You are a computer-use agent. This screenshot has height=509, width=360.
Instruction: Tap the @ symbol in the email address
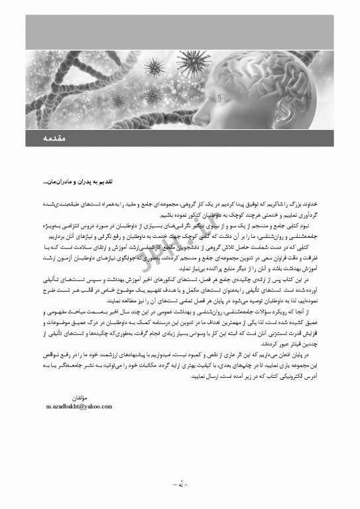click(x=83, y=406)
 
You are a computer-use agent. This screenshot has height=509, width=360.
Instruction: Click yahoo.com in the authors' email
click(x=99, y=406)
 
